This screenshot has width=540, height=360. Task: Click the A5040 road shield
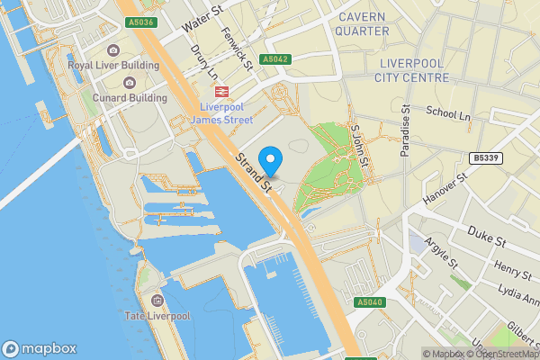[x=370, y=302]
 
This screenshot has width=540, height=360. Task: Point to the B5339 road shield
[x=487, y=158]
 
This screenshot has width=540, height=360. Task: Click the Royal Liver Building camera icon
[x=113, y=50]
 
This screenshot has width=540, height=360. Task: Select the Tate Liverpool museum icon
[x=157, y=300]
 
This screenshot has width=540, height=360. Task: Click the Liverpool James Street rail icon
[x=220, y=91]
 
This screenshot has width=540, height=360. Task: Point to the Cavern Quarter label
[x=363, y=23]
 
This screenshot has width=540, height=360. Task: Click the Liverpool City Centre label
[x=413, y=70]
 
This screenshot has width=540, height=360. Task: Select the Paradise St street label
[x=406, y=131]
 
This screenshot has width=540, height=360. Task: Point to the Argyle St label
[x=441, y=253]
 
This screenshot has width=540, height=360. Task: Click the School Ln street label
[x=449, y=114]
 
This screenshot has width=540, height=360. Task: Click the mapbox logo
[x=40, y=348]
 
